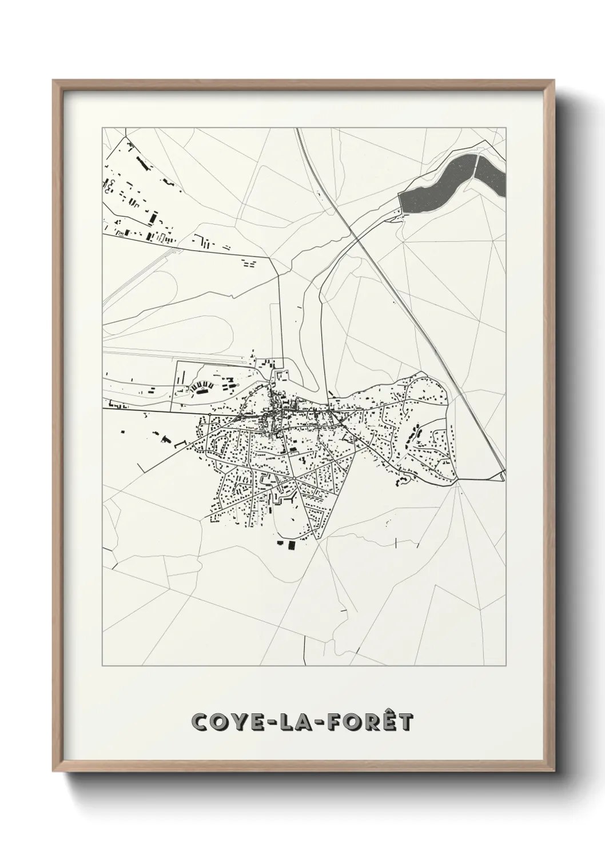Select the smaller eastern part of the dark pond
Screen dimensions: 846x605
[x=491, y=171]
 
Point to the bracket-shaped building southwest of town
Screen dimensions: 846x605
[x=180, y=444]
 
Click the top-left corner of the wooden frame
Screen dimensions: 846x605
[x=53, y=81]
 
